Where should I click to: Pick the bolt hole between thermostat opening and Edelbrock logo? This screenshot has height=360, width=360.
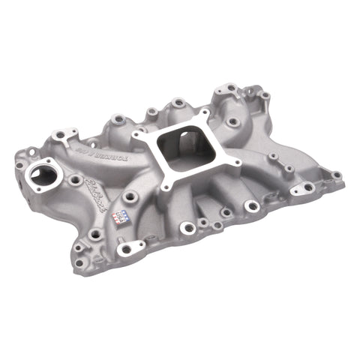pyautogui.click(x=76, y=181)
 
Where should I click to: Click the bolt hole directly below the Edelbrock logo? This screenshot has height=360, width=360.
pyautogui.click(x=94, y=235)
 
